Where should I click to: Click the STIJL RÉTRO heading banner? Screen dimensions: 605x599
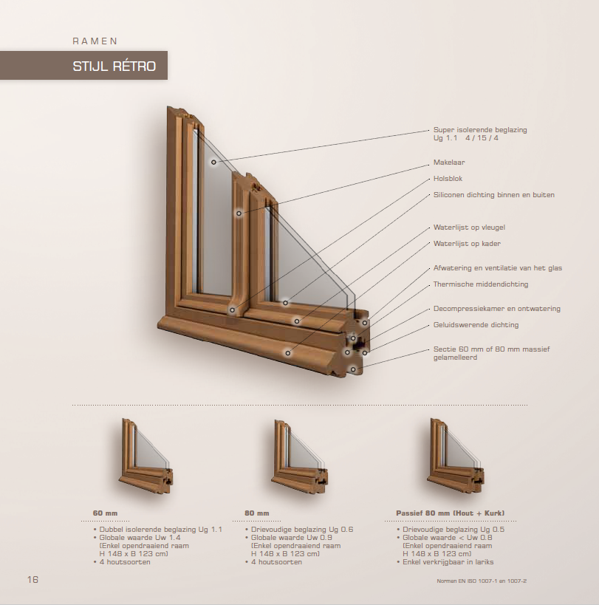(114, 66)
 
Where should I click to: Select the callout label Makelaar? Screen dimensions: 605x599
(449, 162)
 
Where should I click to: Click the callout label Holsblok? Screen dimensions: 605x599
(448, 179)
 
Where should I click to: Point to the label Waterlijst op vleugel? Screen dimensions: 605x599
(469, 228)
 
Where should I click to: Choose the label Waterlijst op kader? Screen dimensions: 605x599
(467, 243)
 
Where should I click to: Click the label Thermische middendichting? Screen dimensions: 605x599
(481, 284)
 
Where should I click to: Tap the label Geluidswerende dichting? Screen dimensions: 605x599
(476, 324)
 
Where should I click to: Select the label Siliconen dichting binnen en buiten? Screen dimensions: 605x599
(493, 195)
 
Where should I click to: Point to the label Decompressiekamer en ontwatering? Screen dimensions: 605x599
(496, 308)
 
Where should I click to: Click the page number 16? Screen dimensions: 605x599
(32, 579)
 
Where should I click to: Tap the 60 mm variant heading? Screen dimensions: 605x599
(105, 513)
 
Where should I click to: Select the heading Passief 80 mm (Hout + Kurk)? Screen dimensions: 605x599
(450, 513)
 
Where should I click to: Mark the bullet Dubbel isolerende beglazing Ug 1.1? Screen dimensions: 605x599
(160, 530)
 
